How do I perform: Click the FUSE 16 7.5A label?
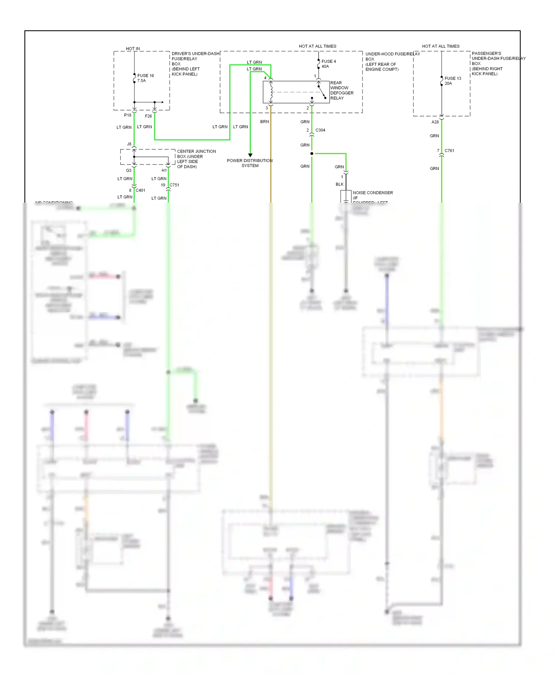[x=145, y=78]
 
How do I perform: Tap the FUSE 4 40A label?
[x=329, y=64]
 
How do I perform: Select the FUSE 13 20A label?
[x=453, y=81]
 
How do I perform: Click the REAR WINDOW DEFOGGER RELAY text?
[x=342, y=91]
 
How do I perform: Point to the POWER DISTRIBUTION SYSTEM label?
[x=250, y=163]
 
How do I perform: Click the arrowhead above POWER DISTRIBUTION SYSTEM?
[x=250, y=155]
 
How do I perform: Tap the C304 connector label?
[x=320, y=130]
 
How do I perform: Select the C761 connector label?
[x=449, y=151]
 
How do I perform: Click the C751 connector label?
[x=174, y=185]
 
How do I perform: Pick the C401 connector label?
[x=140, y=190]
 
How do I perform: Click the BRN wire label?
[x=265, y=122]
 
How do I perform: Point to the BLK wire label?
[x=340, y=184]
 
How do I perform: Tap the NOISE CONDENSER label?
[x=373, y=193]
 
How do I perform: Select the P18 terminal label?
[x=128, y=115]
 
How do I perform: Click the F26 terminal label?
[x=148, y=116]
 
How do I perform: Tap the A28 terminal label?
[x=435, y=122]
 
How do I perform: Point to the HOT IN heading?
[x=133, y=49]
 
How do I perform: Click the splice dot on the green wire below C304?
[x=312, y=153]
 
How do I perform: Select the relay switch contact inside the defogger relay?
[x=322, y=92]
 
